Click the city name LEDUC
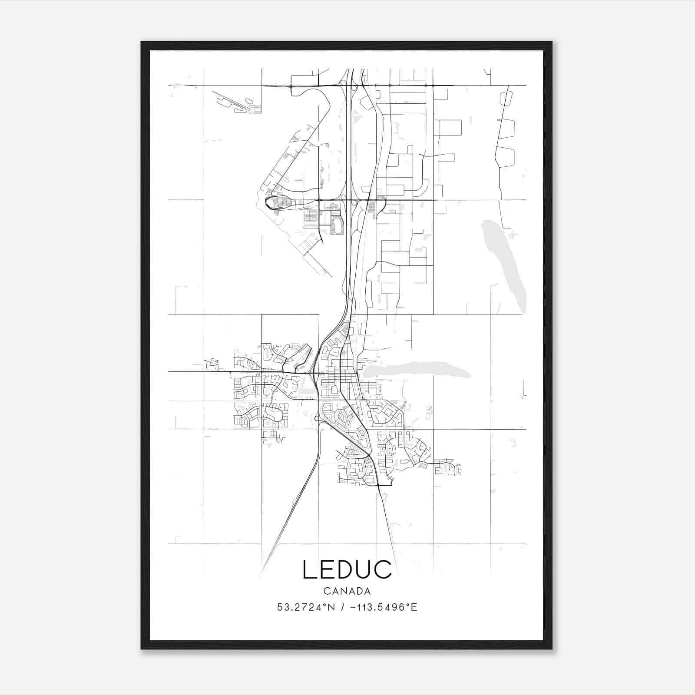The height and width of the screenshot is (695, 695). pyautogui.click(x=347, y=569)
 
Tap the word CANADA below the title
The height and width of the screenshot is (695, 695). pyautogui.click(x=347, y=591)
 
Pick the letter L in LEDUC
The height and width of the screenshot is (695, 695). pyautogui.click(x=309, y=569)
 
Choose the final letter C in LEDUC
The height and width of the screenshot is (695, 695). pyautogui.click(x=383, y=569)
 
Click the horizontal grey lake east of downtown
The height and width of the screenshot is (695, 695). pyautogui.click(x=417, y=371)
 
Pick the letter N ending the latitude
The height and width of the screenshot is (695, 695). pyautogui.click(x=331, y=607)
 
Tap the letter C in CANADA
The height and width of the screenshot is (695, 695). pyautogui.click(x=326, y=591)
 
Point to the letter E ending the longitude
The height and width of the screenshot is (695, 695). pyautogui.click(x=414, y=607)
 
